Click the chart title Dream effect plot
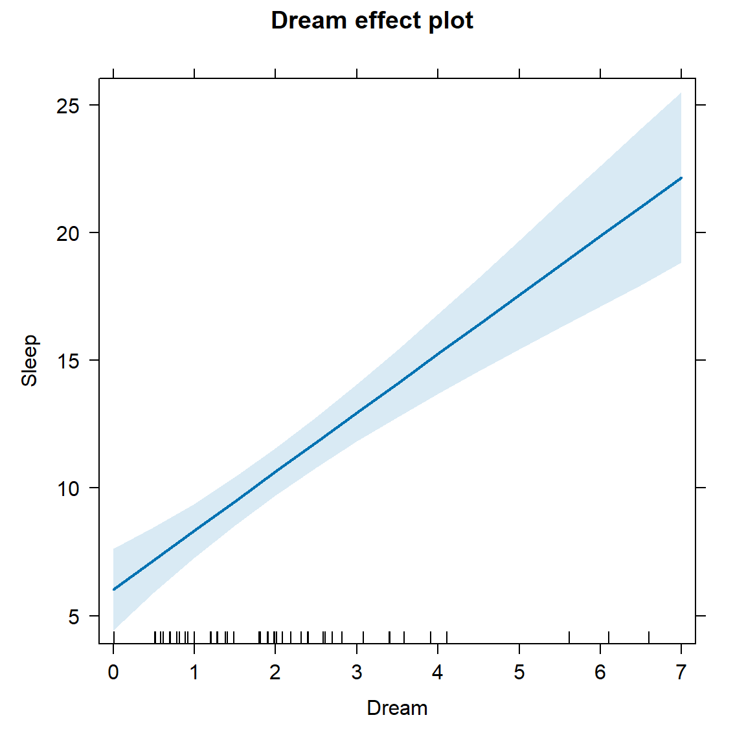pos(372,21)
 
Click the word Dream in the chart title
pos(309,21)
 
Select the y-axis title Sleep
pos(29,361)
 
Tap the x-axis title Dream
pos(397,708)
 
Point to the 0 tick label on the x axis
pos(113,673)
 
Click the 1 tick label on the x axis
pos(194,673)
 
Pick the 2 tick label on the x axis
pos(275,673)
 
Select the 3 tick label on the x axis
pos(357,673)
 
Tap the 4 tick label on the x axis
pos(438,673)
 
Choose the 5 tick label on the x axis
pos(519,673)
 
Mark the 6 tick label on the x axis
pos(600,673)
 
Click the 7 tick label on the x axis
pos(681,673)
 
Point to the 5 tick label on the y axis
pos(73,616)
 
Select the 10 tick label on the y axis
pos(67,488)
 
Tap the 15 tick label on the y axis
pos(67,361)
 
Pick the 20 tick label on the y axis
pos(67,233)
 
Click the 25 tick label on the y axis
pos(67,106)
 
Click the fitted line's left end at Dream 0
pos(114,589)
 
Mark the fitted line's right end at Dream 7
pos(681,177)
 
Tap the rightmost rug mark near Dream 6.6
pos(649,638)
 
